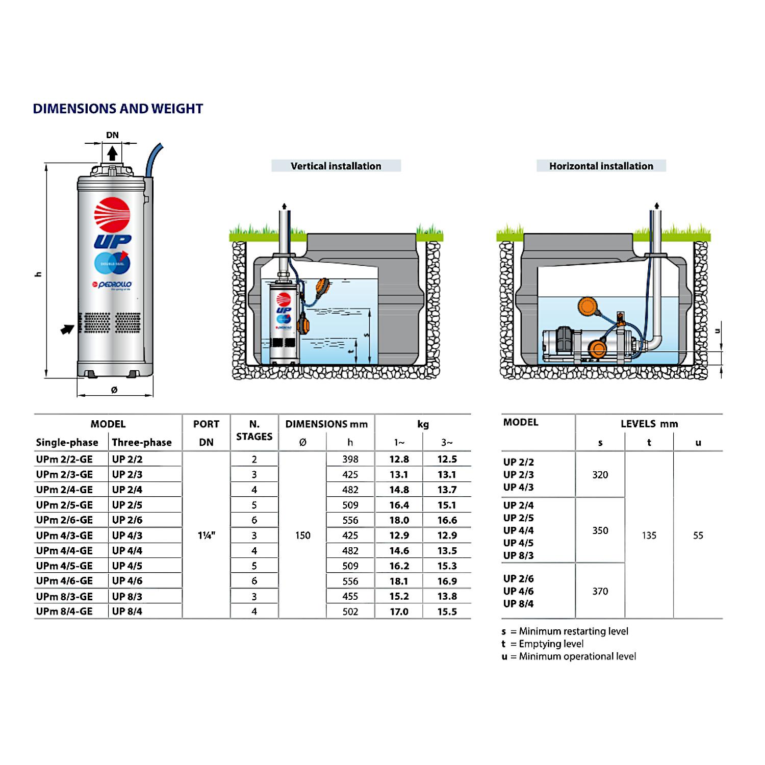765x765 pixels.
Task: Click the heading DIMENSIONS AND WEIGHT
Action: tap(118, 109)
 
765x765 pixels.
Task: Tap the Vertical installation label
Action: tap(336, 166)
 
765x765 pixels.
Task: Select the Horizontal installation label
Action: tap(601, 166)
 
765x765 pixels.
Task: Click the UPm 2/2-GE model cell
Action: tap(65, 459)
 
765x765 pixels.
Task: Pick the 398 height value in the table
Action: tap(350, 459)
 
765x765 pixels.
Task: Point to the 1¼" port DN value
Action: tap(207, 535)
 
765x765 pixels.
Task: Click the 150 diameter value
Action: tap(303, 535)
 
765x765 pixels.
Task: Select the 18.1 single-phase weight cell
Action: tap(399, 581)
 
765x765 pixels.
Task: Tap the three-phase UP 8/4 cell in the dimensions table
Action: tap(127, 611)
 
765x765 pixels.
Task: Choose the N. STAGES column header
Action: tap(254, 430)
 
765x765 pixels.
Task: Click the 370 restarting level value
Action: tap(600, 591)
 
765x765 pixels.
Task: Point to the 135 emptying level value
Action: tap(649, 535)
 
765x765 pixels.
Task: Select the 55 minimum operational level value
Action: tap(698, 535)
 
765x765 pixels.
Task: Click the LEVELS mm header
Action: tap(649, 424)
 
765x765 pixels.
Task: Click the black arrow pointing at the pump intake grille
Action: tap(67, 329)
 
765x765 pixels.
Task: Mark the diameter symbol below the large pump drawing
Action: tap(114, 390)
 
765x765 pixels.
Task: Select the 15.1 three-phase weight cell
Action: tap(447, 505)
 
